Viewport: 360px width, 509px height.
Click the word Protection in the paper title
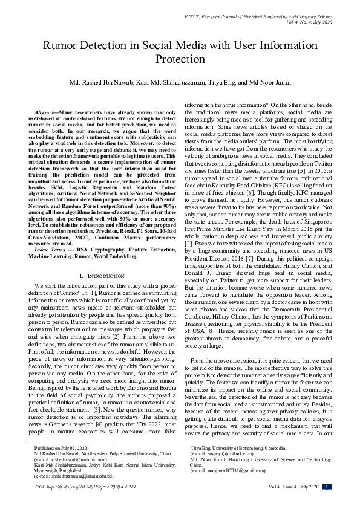click(180, 59)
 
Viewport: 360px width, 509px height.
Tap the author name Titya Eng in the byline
click(224, 82)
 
